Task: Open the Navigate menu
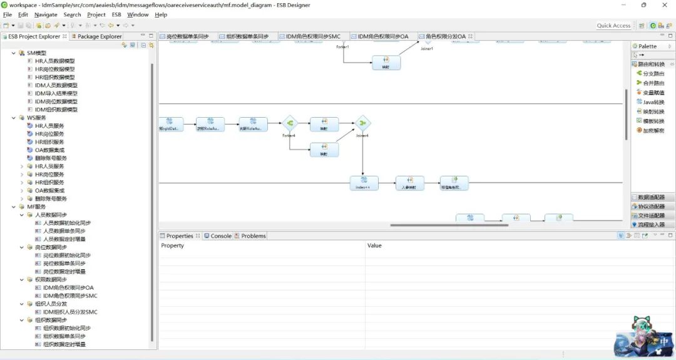(46, 14)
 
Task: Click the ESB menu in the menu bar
(116, 14)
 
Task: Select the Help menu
(161, 14)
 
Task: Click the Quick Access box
(613, 26)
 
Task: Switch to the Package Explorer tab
(99, 36)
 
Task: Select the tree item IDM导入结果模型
(56, 93)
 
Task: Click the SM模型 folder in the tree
(36, 53)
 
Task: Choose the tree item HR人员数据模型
(54, 61)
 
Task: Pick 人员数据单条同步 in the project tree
(64, 231)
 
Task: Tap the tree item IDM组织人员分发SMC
(70, 312)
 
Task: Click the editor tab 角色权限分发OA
(445, 36)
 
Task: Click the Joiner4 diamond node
(363, 123)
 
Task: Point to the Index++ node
(364, 183)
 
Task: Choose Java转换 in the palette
(653, 102)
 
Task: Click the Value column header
(374, 245)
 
